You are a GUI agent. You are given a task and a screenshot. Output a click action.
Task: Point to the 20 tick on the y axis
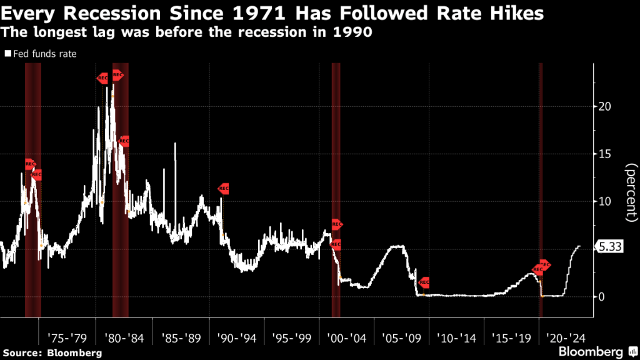(604, 106)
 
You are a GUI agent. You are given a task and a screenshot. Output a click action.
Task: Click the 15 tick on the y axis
(604, 154)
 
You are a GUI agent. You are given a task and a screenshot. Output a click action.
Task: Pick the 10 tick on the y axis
(604, 201)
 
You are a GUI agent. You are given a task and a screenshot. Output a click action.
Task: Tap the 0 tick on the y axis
(602, 296)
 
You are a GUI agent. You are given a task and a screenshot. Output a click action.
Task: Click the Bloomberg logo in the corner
(600, 351)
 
